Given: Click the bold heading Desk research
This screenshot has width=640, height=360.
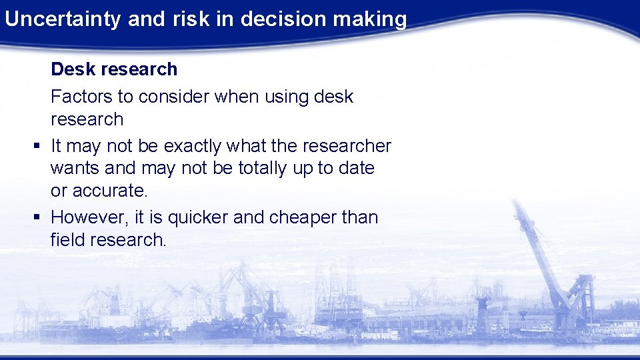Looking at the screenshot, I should pos(114,69).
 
